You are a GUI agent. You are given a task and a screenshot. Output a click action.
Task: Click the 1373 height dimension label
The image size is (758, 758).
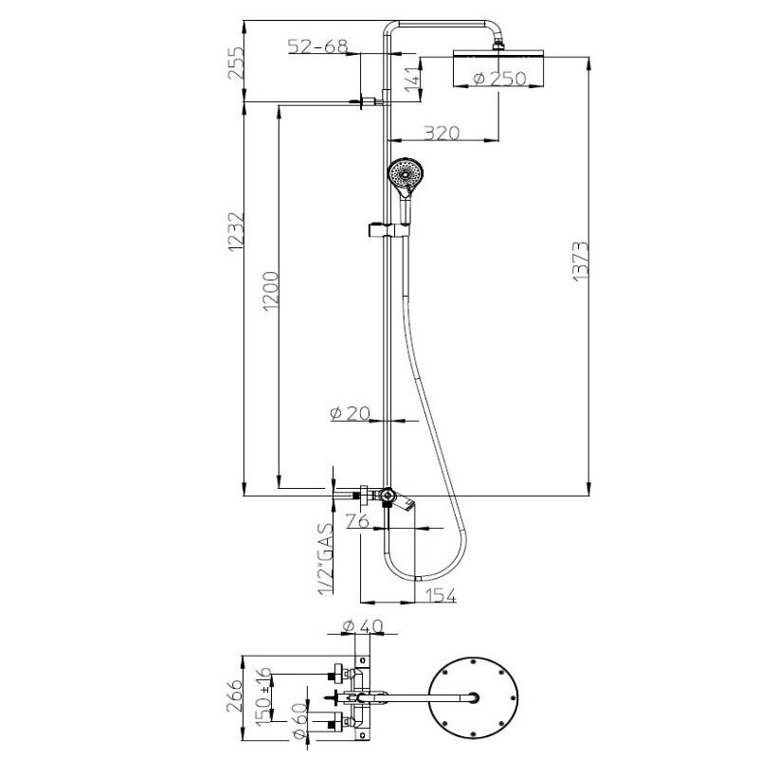[x=581, y=262]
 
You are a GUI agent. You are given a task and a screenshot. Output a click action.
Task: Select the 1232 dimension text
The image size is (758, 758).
[x=235, y=231]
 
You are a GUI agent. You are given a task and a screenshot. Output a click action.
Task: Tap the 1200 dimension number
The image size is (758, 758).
[x=271, y=291]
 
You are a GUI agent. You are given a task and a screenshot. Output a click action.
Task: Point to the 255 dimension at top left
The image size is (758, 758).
[x=235, y=63]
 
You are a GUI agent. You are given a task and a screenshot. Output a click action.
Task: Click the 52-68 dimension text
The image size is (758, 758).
[x=317, y=45]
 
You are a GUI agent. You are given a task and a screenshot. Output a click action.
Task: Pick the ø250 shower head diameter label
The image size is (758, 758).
[x=500, y=79]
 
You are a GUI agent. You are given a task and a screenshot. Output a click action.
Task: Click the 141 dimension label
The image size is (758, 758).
[x=412, y=80]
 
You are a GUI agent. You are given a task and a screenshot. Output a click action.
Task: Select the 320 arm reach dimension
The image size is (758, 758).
[x=442, y=133]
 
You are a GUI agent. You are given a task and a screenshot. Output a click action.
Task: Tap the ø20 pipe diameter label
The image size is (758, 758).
[x=351, y=413]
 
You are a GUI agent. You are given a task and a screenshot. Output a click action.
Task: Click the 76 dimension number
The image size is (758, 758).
[x=358, y=521]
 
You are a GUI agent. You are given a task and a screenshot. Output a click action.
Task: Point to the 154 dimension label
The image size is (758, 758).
[x=440, y=596]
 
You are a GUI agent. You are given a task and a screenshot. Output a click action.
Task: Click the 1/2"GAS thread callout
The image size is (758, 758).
[x=326, y=559]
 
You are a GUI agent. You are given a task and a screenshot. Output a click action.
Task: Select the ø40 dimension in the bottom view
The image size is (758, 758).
[x=362, y=626]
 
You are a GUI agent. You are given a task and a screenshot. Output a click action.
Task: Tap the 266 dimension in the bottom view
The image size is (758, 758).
[x=235, y=695]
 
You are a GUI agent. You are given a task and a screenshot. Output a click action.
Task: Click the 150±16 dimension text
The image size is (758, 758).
[x=264, y=696]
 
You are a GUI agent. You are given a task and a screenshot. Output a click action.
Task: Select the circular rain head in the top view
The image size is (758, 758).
[x=473, y=698]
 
